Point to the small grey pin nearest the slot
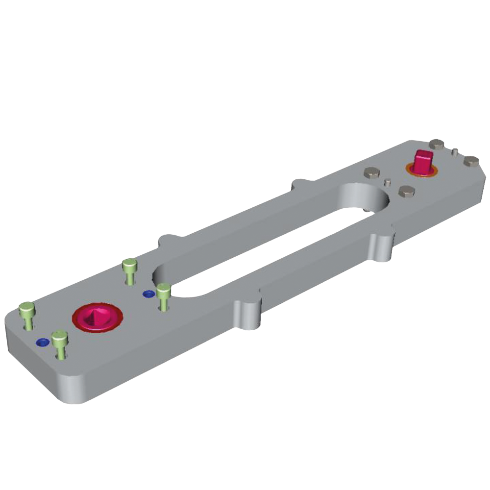388,182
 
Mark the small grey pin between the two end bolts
455,151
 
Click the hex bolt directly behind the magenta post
437,144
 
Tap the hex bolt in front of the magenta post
407,192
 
